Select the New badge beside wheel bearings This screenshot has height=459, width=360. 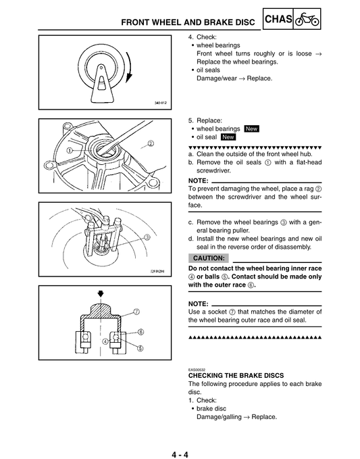tap(252, 128)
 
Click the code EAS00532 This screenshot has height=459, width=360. tap(198, 369)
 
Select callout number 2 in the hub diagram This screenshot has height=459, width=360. tap(150, 143)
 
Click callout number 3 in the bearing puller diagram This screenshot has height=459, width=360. tap(146, 237)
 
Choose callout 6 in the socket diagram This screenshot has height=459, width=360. tap(140, 331)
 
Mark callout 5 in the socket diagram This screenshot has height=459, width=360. tap(140, 348)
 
